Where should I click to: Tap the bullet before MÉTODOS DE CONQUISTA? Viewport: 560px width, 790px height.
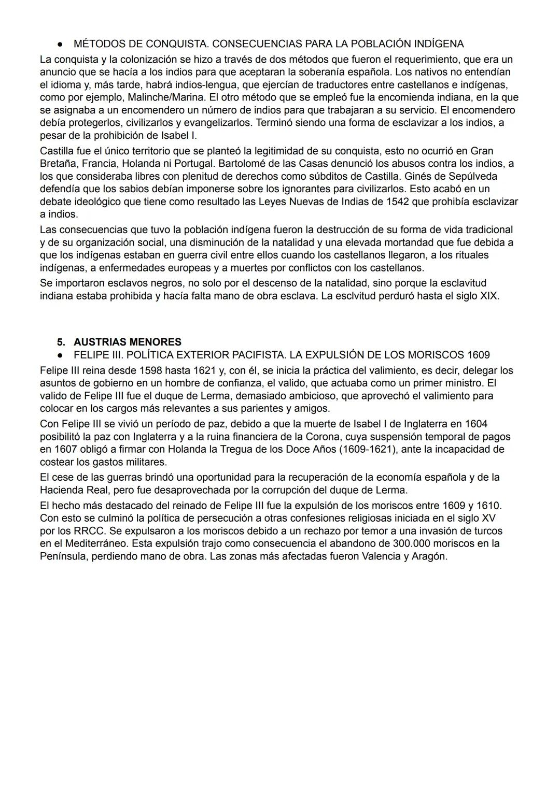(x=61, y=44)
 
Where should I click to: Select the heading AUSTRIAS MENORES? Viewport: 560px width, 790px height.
(x=128, y=342)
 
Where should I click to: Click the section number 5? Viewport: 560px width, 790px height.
(x=61, y=342)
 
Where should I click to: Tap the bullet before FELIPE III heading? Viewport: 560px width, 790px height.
(x=61, y=355)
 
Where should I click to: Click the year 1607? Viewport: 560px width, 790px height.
(x=65, y=450)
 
